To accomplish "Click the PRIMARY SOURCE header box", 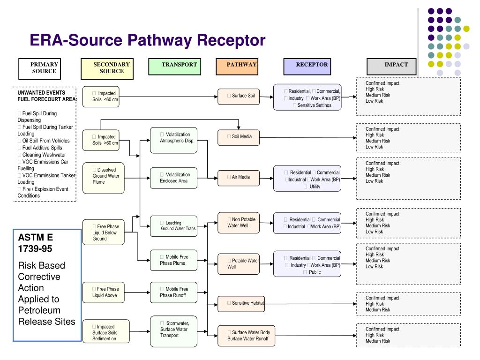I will tap(44, 68).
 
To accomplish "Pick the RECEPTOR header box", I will tap(312, 67).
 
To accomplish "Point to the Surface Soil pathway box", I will tap(239, 96).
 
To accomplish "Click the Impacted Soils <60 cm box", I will tap(103, 97).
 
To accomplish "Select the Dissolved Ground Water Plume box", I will tap(103, 178).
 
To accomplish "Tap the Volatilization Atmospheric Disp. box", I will tap(173, 139).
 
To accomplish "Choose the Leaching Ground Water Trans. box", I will tap(173, 226).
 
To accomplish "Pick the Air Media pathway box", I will tap(239, 177).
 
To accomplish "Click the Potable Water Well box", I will tap(239, 263).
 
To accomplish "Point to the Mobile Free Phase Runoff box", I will tap(173, 292).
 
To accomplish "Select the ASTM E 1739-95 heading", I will tap(35, 242).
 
